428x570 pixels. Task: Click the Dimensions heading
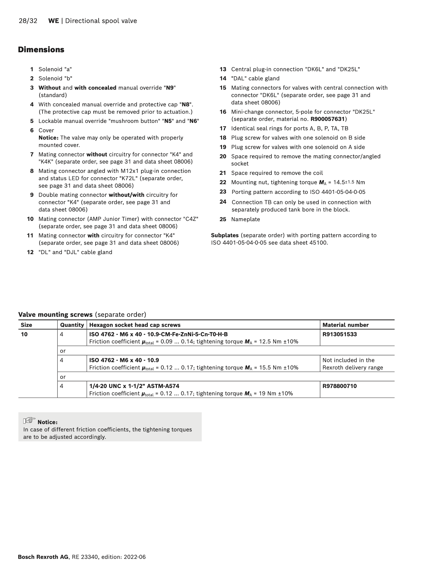(x=41, y=50)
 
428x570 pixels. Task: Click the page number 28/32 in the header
(x=28, y=21)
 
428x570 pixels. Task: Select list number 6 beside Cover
(x=32, y=130)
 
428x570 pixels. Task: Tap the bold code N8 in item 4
(x=186, y=104)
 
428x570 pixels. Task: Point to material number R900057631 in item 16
(x=328, y=119)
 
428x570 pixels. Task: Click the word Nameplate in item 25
(x=246, y=219)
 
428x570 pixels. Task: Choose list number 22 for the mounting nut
(x=223, y=182)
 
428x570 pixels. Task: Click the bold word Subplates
(x=225, y=235)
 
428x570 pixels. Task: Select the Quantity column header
(x=72, y=325)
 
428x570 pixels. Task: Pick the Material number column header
(x=345, y=325)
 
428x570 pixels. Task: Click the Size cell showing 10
(x=24, y=334)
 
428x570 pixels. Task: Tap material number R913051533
(x=339, y=334)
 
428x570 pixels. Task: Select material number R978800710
(x=339, y=386)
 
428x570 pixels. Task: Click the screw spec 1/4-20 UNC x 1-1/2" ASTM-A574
(x=134, y=386)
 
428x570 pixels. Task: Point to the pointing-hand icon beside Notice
(x=29, y=421)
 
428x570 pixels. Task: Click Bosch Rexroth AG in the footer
(x=43, y=557)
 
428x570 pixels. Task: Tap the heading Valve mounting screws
(x=56, y=314)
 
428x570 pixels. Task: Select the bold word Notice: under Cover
(x=48, y=138)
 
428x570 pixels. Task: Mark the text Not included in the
(x=348, y=360)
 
